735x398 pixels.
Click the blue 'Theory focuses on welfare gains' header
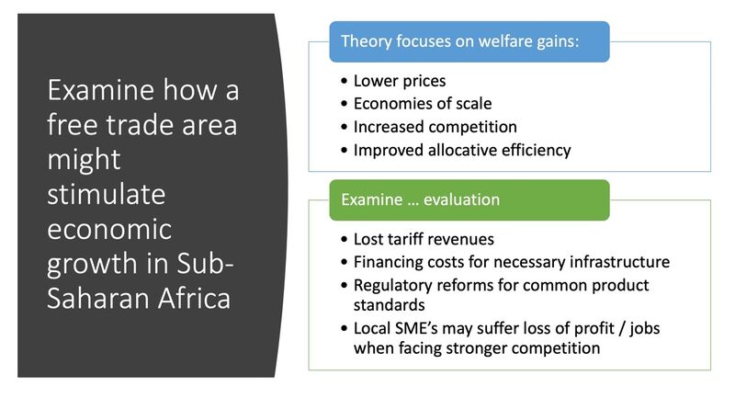tap(469, 41)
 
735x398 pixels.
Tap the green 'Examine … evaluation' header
tap(469, 200)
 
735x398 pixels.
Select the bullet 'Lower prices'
tap(400, 81)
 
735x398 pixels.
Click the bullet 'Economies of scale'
tap(423, 104)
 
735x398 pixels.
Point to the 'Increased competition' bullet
tap(435, 127)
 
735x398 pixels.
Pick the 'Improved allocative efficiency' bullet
tap(462, 150)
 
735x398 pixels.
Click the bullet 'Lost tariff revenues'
tap(424, 239)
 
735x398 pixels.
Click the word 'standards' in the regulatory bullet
tap(389, 305)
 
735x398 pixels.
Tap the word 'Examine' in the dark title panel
tap(101, 89)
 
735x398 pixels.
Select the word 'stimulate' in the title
tap(107, 194)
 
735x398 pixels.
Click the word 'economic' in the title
tap(109, 229)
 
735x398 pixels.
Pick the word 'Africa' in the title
tap(195, 298)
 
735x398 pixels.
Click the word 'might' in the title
tap(84, 160)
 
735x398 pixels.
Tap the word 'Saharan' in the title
tap(98, 298)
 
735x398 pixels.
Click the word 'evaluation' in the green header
tap(461, 199)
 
